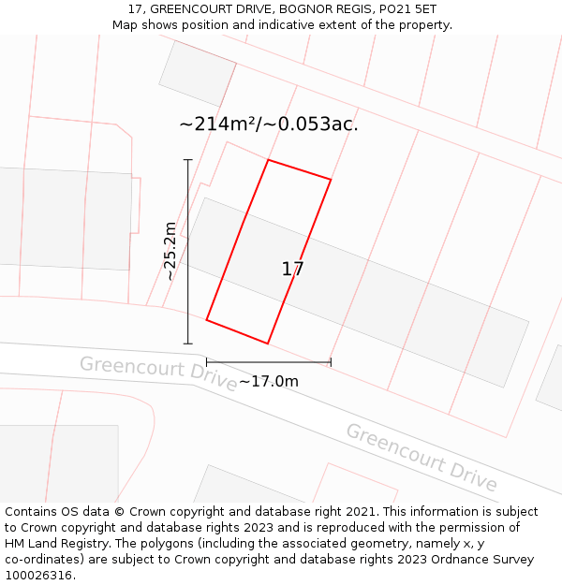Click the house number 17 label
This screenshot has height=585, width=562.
(292, 270)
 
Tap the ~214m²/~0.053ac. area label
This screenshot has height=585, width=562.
(269, 124)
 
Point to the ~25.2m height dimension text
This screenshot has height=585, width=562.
(170, 251)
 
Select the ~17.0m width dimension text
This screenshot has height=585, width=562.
(269, 381)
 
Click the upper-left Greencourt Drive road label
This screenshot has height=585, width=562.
(158, 373)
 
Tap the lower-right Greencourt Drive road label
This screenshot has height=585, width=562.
(421, 457)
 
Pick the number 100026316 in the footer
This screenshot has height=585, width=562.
(38, 575)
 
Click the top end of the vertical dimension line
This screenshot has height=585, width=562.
(188, 160)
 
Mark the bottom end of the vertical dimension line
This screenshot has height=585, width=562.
(188, 344)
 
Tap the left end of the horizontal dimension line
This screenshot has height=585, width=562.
(207, 362)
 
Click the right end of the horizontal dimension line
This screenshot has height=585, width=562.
(331, 362)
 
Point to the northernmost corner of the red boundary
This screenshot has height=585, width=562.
(269, 160)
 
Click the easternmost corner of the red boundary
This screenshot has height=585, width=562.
(331, 179)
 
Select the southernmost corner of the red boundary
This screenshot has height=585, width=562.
(268, 344)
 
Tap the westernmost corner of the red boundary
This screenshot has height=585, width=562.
(207, 320)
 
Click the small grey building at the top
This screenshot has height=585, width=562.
(198, 73)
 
